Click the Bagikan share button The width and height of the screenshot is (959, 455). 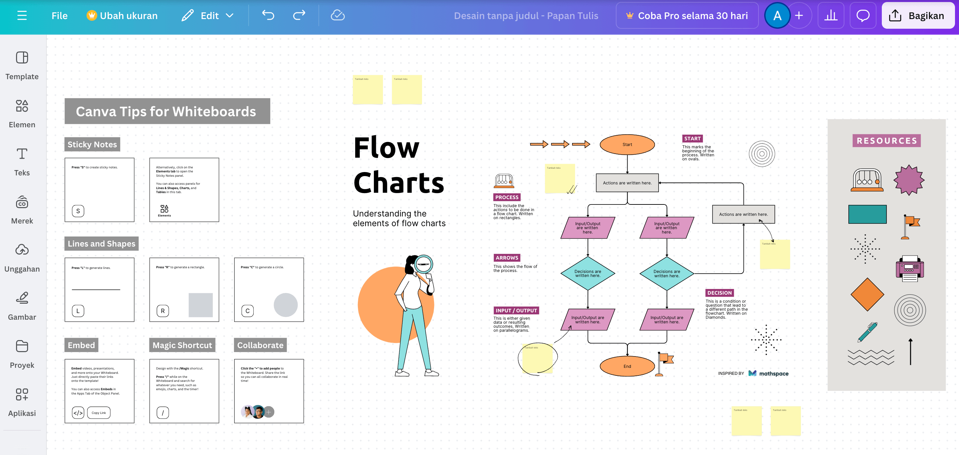pos(917,16)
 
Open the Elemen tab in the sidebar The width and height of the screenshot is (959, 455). pos(22,113)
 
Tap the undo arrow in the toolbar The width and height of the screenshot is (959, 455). pos(268,15)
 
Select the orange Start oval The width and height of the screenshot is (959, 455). pos(627,144)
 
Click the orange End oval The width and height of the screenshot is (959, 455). pos(627,366)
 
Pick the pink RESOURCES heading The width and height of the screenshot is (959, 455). pos(886,141)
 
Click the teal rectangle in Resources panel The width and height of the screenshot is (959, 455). pos(867,214)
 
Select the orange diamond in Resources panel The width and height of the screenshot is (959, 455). pos(867,294)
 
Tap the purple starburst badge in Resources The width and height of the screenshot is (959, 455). pos(909,180)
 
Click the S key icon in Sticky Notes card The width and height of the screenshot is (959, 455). pos(78,211)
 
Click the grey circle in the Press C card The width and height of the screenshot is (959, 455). pos(286,305)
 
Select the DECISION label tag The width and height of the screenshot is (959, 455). pos(719,293)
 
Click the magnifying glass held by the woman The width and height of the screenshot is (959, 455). pos(424,264)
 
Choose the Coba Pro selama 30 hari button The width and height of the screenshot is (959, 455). pos(687,16)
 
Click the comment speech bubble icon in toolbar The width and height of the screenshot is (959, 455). pos(862,16)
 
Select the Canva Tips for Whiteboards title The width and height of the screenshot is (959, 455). pos(166,111)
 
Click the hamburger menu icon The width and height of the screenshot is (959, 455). pos(22,16)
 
